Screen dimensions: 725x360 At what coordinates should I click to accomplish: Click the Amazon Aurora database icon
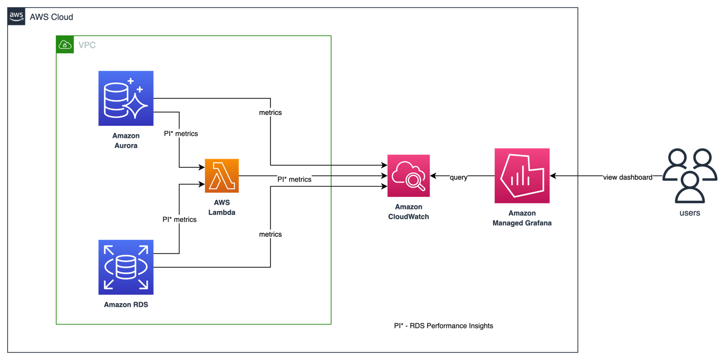tap(126, 98)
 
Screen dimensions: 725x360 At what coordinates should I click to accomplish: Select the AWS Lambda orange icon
tap(222, 175)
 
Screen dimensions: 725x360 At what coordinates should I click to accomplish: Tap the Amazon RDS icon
tap(126, 267)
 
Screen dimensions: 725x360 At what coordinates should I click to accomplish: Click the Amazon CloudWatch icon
tap(408, 175)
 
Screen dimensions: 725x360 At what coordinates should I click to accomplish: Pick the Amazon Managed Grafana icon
tap(522, 175)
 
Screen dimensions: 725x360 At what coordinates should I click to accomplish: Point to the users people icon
tap(689, 175)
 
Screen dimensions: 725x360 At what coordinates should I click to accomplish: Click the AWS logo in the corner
tap(16, 16)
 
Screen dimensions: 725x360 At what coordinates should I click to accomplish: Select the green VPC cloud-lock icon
tap(65, 45)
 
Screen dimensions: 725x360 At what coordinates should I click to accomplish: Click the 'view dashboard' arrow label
tap(628, 177)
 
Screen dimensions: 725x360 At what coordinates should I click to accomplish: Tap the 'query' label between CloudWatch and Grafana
tap(458, 177)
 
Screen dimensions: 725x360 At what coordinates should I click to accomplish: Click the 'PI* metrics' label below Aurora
tap(181, 133)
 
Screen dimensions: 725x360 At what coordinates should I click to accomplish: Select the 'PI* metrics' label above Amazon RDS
tap(179, 220)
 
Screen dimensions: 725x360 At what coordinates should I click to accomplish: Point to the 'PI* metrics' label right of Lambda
tap(294, 179)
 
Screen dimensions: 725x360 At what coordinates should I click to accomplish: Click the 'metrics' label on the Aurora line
tap(270, 113)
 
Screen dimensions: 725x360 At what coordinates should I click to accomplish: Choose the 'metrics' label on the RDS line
tap(270, 234)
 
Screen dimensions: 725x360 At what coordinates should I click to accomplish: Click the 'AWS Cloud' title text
tap(51, 17)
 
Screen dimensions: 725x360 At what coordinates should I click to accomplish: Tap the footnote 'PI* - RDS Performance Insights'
tap(443, 326)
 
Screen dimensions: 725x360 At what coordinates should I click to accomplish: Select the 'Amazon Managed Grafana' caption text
tap(522, 218)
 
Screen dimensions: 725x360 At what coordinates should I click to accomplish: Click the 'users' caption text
tap(689, 213)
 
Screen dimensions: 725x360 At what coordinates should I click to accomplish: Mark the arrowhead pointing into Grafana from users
tap(553, 176)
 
